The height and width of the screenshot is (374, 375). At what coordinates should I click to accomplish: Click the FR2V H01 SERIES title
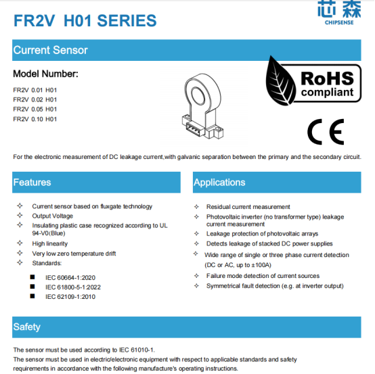(85, 20)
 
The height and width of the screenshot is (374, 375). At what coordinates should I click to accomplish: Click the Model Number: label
(46, 74)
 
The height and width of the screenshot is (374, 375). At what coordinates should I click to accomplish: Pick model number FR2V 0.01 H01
(35, 90)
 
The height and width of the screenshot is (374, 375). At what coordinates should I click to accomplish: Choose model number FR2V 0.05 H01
(35, 109)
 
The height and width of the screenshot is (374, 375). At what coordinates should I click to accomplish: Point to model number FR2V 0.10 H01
(35, 119)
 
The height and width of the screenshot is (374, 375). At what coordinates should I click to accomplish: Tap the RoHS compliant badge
(312, 81)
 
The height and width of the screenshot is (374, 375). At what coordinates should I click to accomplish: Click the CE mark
(325, 131)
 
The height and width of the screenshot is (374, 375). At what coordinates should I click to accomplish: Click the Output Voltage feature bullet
(53, 216)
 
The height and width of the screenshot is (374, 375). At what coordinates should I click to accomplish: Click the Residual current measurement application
(248, 207)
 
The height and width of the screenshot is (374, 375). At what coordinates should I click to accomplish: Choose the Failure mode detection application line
(263, 276)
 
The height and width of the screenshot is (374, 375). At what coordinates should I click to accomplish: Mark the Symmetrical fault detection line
(275, 286)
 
